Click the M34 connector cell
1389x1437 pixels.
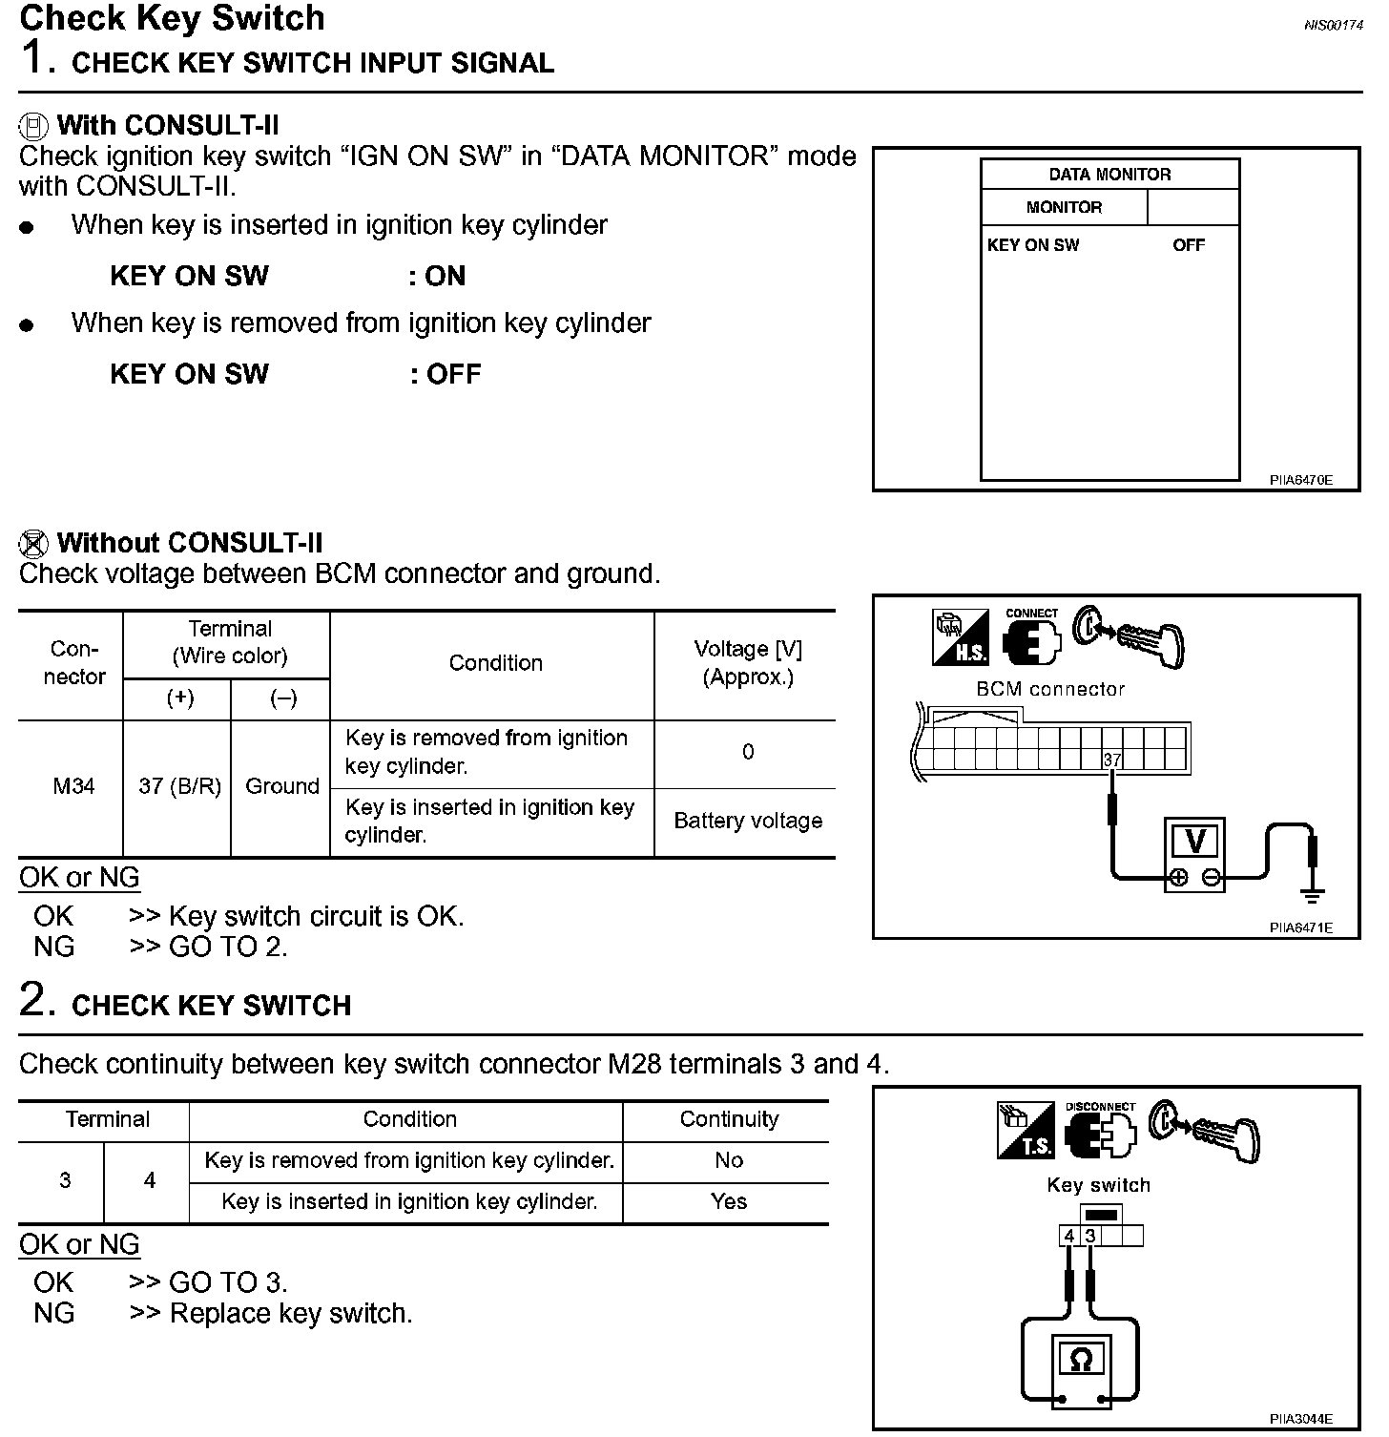[73, 786]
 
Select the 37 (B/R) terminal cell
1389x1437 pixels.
[179, 786]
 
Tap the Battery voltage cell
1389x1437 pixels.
[748, 821]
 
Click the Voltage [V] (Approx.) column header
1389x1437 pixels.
[748, 663]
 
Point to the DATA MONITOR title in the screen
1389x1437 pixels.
[1109, 175]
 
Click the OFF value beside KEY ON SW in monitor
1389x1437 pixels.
[1189, 245]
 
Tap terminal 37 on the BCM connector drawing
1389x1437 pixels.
[1112, 760]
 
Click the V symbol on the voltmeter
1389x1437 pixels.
[1194, 842]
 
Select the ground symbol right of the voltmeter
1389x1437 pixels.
[1314, 894]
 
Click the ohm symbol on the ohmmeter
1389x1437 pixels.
[1081, 1359]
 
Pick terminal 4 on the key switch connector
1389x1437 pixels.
[1069, 1237]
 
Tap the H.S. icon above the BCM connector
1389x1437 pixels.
[961, 638]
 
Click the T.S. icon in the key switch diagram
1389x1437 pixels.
[1026, 1132]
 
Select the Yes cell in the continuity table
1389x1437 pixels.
[729, 1201]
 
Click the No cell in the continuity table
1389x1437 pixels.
[729, 1160]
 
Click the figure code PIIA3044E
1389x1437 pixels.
[1300, 1419]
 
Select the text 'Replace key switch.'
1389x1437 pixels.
[291, 1314]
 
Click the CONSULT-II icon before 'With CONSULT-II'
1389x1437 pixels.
[33, 125]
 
